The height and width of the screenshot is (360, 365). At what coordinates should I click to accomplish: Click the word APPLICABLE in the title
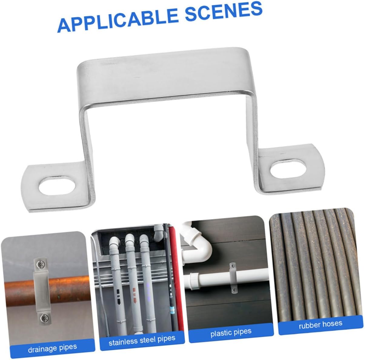click(118, 20)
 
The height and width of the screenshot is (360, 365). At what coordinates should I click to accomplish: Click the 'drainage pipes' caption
click(52, 348)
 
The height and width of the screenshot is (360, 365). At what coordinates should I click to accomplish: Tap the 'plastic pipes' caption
click(231, 332)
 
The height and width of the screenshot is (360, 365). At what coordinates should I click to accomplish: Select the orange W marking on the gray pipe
click(134, 292)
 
